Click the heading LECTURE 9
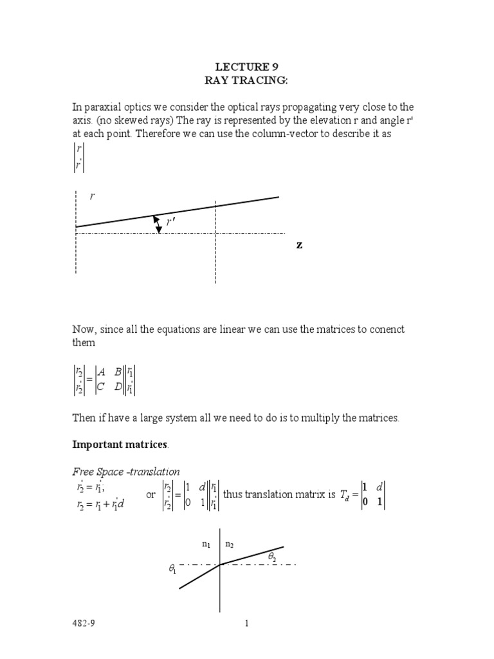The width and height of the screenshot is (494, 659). point(246,66)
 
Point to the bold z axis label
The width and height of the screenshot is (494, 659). point(299,246)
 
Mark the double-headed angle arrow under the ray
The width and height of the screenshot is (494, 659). point(158,224)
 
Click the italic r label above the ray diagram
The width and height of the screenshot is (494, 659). point(92,197)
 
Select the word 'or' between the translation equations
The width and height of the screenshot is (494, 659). point(151,495)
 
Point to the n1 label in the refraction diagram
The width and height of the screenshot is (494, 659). point(206,544)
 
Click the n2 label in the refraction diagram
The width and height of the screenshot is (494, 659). point(230,544)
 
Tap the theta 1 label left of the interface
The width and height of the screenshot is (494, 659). point(172,570)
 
